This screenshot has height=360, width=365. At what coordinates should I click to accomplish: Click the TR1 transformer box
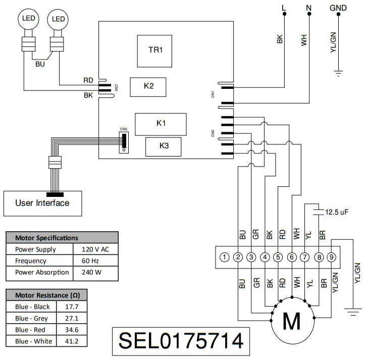(155, 50)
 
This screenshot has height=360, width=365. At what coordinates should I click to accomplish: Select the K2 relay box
(148, 86)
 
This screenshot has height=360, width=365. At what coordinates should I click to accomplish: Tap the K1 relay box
(161, 123)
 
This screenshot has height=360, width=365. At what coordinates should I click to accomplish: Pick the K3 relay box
(164, 146)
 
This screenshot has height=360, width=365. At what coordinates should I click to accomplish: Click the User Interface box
(42, 203)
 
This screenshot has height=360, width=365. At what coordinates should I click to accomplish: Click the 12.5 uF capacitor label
(337, 212)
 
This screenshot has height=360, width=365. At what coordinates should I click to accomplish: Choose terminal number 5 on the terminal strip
(278, 258)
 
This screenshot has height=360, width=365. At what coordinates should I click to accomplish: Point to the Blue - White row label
(33, 341)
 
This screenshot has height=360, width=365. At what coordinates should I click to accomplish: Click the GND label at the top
(338, 8)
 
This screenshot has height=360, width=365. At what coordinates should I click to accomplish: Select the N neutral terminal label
(308, 8)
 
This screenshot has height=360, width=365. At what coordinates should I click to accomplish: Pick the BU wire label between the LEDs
(40, 64)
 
